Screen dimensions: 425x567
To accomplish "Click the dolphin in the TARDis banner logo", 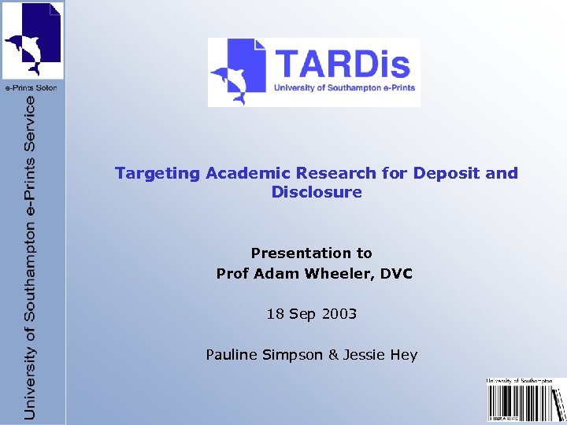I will pos(230,79).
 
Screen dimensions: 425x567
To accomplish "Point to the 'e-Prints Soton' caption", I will pos(32,87).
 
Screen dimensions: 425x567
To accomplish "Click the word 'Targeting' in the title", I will pos(157,173).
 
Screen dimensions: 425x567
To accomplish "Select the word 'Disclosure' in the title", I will pos(317,192).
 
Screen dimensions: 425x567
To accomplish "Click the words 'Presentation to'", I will pos(311,253).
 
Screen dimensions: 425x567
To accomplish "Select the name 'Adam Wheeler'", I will pos(310,274).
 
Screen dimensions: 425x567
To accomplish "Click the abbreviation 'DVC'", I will pos(395,274).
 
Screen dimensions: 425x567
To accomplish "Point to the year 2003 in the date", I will pos(339,314).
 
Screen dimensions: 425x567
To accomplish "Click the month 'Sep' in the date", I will pos(302,314).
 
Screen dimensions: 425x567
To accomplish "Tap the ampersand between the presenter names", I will pos(333,354).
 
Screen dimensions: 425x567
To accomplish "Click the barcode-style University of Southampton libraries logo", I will pos(525,401).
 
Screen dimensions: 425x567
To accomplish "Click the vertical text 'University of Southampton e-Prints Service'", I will pos(31,257).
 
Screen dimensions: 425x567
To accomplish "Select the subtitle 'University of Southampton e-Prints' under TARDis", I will pos(344,88).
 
